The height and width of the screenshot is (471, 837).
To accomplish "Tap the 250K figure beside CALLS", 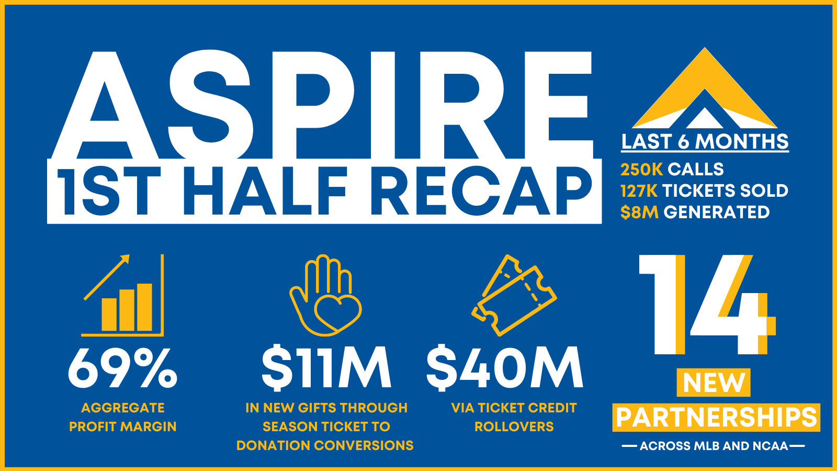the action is pyautogui.click(x=641, y=170).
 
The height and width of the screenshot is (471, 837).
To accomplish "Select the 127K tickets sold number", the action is pyautogui.click(x=639, y=191).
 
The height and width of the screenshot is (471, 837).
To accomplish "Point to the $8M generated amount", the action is pyautogui.click(x=639, y=212).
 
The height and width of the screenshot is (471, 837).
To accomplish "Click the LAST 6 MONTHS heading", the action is pyautogui.click(x=705, y=142).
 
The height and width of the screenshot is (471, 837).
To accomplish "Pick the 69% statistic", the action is pyautogui.click(x=122, y=368).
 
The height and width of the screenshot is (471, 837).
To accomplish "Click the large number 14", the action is pyautogui.click(x=706, y=305).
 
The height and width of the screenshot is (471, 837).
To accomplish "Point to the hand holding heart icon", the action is pyautogui.click(x=325, y=295).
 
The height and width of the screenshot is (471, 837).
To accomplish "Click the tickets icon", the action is pyautogui.click(x=514, y=295).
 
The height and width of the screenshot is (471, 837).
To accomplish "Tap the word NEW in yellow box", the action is pyautogui.click(x=714, y=383).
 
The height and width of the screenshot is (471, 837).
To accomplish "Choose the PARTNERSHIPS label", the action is pyautogui.click(x=716, y=418).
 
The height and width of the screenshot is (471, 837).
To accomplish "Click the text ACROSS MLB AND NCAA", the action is pyautogui.click(x=714, y=446).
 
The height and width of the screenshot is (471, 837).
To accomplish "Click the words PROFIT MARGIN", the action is pyautogui.click(x=123, y=427).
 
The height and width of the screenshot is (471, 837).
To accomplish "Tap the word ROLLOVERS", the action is pyautogui.click(x=514, y=427).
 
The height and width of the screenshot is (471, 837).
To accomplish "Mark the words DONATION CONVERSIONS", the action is pyautogui.click(x=325, y=445).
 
